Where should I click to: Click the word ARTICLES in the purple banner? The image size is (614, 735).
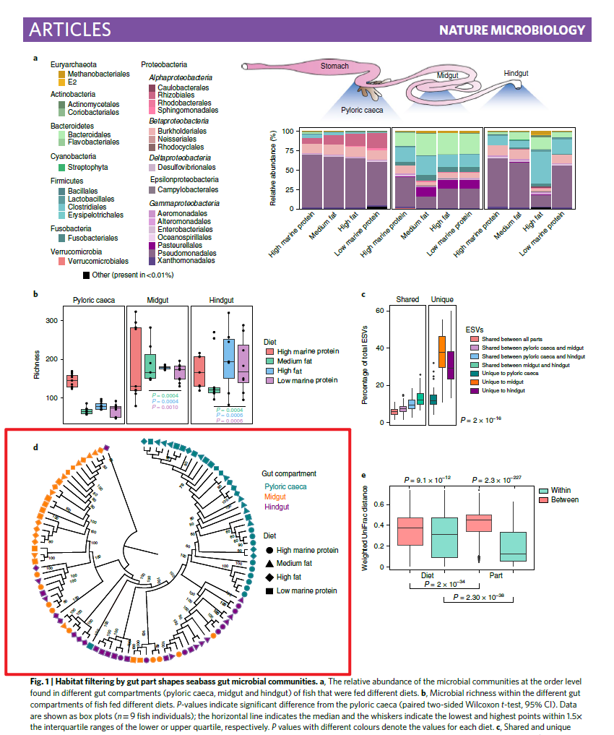pos(70,29)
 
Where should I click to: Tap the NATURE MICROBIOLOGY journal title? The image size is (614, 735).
pos(511,30)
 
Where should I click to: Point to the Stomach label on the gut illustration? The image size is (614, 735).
pos(334,66)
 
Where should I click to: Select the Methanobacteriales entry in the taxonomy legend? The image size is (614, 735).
pos(98,74)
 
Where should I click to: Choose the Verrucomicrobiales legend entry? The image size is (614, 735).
pos(98,261)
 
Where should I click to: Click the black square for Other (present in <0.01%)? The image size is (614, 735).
pos(87,275)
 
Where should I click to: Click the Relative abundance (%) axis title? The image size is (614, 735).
pos(273,168)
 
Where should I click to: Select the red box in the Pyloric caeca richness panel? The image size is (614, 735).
pos(73,381)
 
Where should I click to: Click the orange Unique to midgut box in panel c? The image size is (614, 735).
pos(442,351)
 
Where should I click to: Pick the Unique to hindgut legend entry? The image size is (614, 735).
pos(503,390)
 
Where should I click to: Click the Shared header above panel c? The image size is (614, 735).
pos(407,299)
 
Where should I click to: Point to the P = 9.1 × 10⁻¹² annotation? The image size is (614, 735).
pos(427,480)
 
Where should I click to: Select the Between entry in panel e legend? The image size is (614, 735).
pos(564,500)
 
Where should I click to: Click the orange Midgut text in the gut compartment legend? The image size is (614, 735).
pos(274,497)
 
